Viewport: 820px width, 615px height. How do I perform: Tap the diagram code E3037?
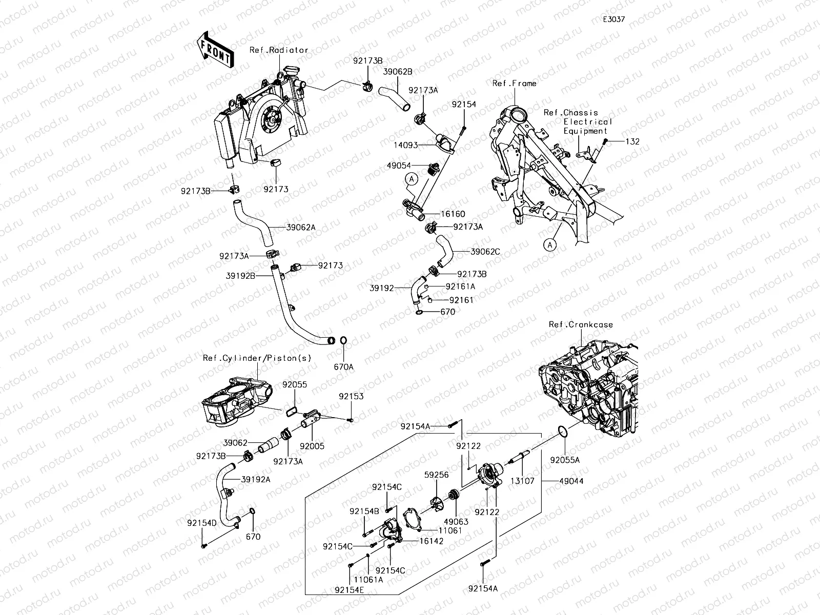pos(613,19)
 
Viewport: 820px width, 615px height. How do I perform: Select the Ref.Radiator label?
pos(279,50)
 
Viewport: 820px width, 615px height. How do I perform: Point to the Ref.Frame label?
pos(514,84)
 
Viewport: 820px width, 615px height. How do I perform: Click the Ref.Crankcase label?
pos(581,324)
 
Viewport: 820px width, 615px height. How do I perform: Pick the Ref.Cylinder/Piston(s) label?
pos(257,358)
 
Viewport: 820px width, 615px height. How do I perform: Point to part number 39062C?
pos(485,252)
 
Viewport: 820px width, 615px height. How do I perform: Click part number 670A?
pos(343,367)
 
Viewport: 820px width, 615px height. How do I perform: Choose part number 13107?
pos(524,481)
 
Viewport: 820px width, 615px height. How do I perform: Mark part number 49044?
pos(571,481)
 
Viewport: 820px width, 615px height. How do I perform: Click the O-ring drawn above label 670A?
pos(343,340)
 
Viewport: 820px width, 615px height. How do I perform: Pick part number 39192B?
pos(240,275)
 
